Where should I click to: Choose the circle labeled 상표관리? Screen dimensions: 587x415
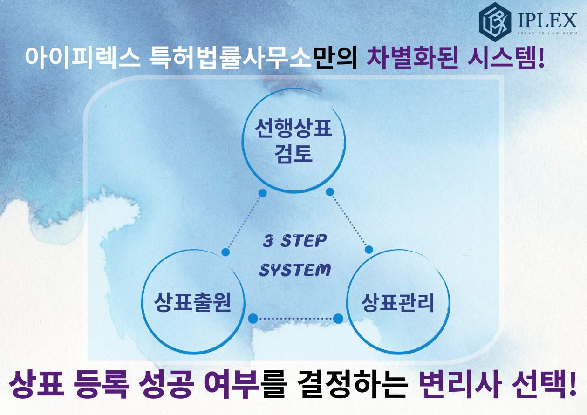tap(398, 303)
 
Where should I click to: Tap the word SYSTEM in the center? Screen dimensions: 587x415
tap(295, 270)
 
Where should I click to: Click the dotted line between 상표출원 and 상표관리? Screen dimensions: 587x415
tap(295, 319)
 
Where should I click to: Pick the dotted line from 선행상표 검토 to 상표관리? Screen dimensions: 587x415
tap(349, 220)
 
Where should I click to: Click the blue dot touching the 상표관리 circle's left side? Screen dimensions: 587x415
tap(338, 319)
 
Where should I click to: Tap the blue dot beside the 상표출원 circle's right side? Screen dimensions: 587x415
tap(253, 319)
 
